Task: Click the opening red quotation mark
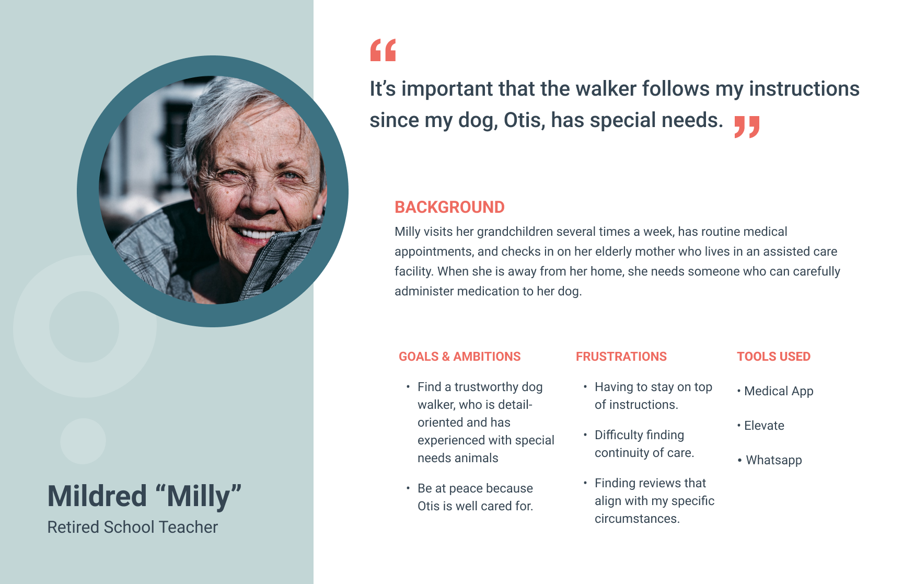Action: click(x=383, y=50)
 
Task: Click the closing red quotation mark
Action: click(x=747, y=127)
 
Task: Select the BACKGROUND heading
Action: click(x=449, y=207)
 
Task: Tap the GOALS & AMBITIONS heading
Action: click(x=459, y=357)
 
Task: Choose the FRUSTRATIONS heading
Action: click(x=621, y=357)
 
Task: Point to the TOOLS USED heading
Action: click(x=773, y=357)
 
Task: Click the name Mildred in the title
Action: click(x=97, y=496)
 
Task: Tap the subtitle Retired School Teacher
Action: click(x=132, y=527)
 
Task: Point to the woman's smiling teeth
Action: click(x=255, y=234)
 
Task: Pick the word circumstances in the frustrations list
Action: click(x=637, y=519)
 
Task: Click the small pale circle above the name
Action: click(x=83, y=441)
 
